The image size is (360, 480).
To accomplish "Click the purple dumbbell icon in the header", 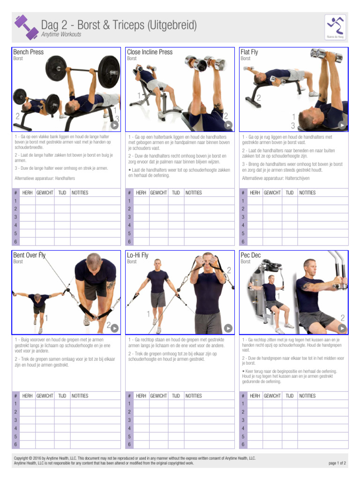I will (x=25, y=27).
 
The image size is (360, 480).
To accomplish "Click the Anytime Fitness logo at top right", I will (x=336, y=27).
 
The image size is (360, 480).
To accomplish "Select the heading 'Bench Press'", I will (x=29, y=52).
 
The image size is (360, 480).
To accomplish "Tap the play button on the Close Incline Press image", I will (x=228, y=125).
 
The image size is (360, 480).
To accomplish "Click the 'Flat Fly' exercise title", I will (x=249, y=52).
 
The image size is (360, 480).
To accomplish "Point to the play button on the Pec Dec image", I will (x=342, y=328).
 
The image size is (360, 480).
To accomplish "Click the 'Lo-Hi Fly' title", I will (x=138, y=255).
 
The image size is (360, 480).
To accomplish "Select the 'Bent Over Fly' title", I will (x=30, y=255).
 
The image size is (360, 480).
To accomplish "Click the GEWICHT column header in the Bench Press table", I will (x=45, y=193).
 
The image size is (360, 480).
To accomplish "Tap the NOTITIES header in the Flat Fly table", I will (x=307, y=193).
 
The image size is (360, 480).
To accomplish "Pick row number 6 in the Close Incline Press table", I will (x=129, y=242).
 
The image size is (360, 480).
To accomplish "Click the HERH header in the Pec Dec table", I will (x=255, y=396).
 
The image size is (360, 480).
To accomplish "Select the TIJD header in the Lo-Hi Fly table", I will (x=176, y=396).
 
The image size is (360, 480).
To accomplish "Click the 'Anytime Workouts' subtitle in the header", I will (x=61, y=35).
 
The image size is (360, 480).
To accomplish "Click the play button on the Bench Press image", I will (x=114, y=125).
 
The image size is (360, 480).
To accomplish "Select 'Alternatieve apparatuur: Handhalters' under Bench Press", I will (x=45, y=179).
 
